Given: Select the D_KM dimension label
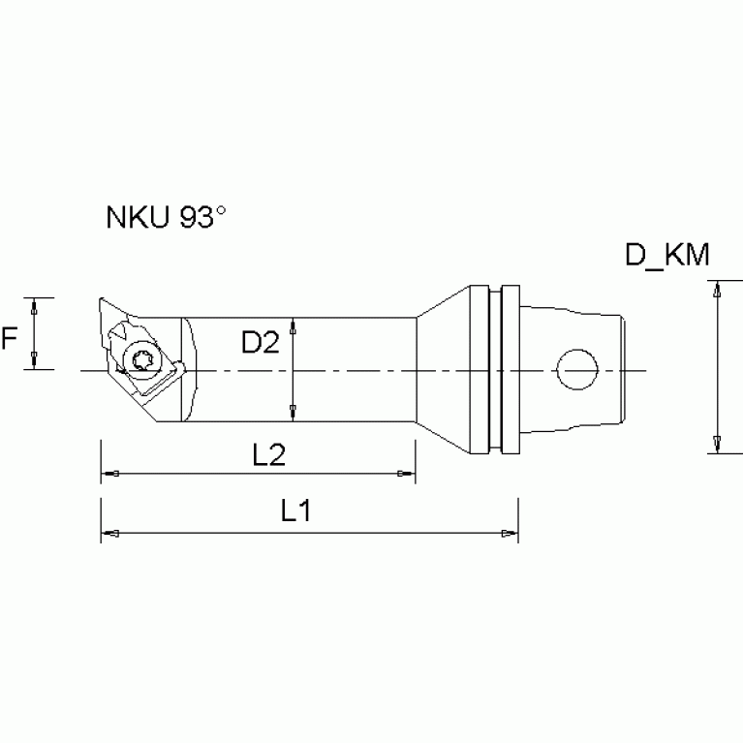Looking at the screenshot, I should pos(667,256).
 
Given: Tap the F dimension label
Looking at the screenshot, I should pos(11,338).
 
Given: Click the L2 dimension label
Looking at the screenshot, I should pos(267,455).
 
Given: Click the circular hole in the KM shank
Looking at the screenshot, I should pos(577,368).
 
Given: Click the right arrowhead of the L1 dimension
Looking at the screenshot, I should pos(509,533).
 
